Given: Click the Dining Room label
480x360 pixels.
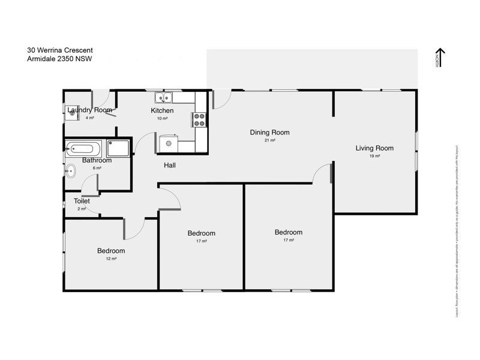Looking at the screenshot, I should tap(270, 133).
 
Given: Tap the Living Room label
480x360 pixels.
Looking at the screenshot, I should tap(374, 148).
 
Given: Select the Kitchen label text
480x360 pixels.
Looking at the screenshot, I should tap(162, 110).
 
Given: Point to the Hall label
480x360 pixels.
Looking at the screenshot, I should tap(170, 165).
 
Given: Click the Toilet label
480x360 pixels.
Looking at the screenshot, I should tap(82, 201).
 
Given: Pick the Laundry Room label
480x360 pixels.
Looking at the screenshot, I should tap(89, 110).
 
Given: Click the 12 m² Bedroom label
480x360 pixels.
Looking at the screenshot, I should tap(111, 251).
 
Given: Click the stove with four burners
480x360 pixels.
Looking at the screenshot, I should tap(199, 119).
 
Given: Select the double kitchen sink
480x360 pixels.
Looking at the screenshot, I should tap(163, 97).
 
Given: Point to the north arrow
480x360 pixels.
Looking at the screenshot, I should tap(439, 58).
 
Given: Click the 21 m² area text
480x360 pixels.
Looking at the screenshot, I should tap(270, 140).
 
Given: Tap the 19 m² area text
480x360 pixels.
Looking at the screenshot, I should tap(374, 156).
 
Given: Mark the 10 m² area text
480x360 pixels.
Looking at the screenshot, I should tap(162, 118).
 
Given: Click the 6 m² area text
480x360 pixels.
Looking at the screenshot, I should tap(97, 168).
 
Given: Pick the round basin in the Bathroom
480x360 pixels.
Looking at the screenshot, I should tap(70, 171).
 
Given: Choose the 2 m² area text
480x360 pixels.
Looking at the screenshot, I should tap(82, 209).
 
